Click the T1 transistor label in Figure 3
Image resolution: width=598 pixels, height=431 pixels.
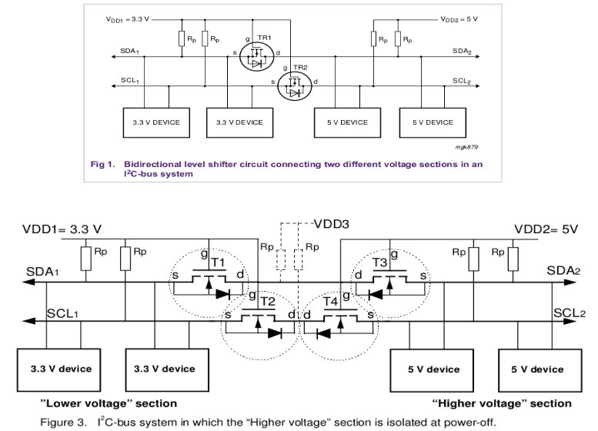pos(218,262)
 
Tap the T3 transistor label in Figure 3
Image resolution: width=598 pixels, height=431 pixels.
pos(379,262)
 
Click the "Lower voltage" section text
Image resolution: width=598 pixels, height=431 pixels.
pos(109,403)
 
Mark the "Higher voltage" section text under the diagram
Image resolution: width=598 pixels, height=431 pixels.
pos(502,403)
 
